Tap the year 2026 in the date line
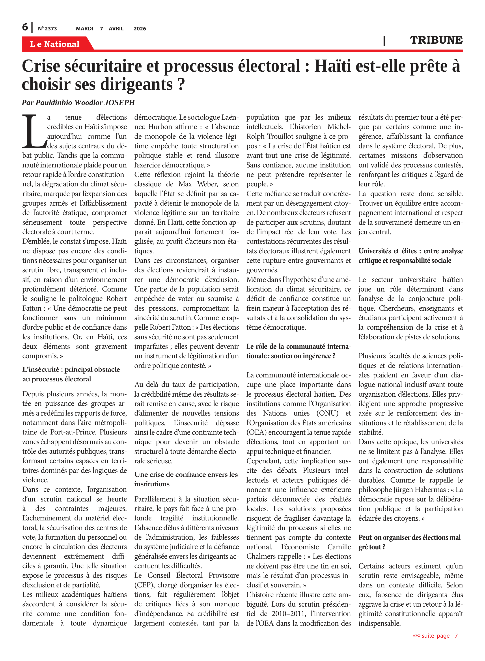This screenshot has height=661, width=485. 140,29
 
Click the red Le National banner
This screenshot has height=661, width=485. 55,44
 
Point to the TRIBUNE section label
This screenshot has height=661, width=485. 436,40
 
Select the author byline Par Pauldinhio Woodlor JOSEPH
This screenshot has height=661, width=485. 78,102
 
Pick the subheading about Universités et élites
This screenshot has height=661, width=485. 410,256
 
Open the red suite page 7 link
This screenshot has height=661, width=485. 435,635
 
